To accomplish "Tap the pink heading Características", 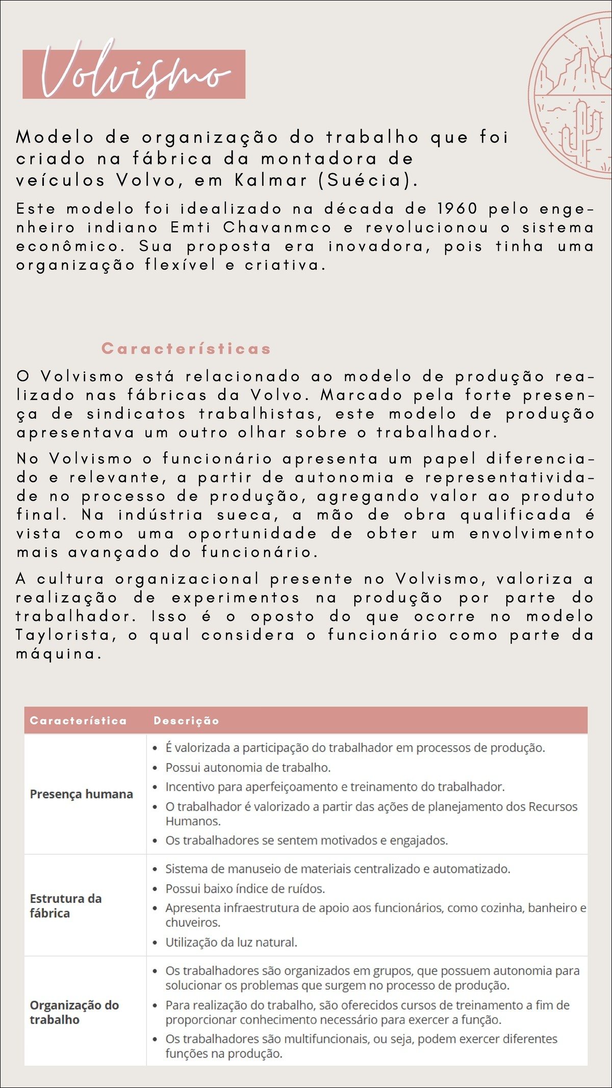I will [186, 348].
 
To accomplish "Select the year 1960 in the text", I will [457, 209].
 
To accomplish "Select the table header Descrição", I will [186, 720].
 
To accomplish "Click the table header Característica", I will [78, 720].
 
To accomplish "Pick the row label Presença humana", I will [81, 794].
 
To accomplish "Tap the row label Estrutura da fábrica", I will [65, 905].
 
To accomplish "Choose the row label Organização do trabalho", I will [74, 1012].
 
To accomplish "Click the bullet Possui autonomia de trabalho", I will [248, 767].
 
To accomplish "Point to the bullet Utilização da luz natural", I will [231, 942].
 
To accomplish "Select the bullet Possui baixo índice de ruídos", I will [245, 889].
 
